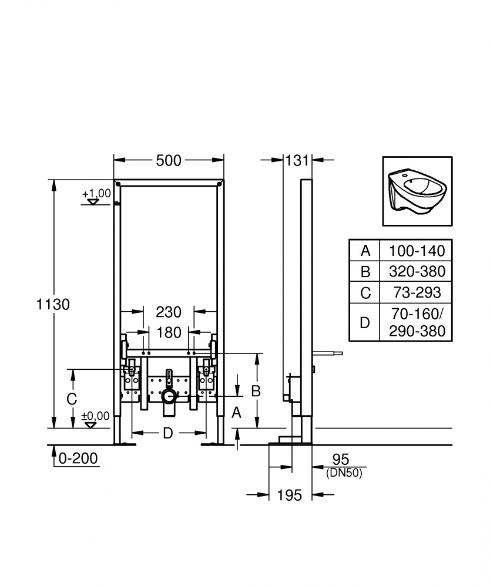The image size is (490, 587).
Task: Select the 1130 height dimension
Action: pyautogui.click(x=53, y=304)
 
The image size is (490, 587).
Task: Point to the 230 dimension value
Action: pyautogui.click(x=169, y=312)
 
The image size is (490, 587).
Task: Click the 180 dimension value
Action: pyautogui.click(x=169, y=333)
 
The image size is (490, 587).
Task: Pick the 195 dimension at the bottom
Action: pyautogui.click(x=289, y=495)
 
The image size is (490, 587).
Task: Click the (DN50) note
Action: pyautogui.click(x=344, y=471)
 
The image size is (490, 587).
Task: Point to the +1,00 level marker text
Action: pyautogui.click(x=96, y=193)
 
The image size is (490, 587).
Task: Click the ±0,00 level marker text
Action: pyautogui.click(x=96, y=416)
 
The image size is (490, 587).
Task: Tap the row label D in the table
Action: pyautogui.click(x=365, y=322)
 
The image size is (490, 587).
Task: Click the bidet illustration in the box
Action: pyautogui.click(x=417, y=191)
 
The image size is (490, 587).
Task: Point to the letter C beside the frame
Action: pyautogui.click(x=71, y=399)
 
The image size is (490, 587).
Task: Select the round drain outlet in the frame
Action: pyautogui.click(x=169, y=397)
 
